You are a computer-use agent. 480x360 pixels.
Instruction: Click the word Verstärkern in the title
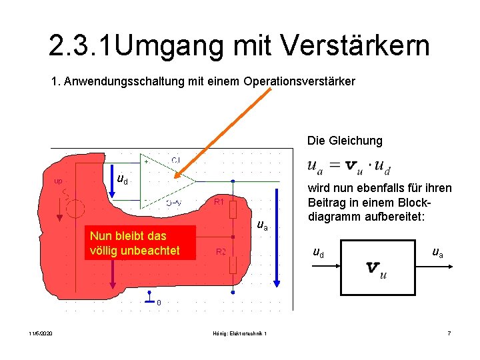[x=355, y=46]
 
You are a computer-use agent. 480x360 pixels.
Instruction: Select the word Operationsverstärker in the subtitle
[x=299, y=81]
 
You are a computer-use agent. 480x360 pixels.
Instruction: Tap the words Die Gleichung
[x=345, y=141]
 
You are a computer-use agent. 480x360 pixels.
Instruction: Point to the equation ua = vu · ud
[x=349, y=166]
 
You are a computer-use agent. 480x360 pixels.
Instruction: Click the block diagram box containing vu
[x=377, y=267]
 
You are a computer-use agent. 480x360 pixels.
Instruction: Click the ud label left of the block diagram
[x=319, y=253]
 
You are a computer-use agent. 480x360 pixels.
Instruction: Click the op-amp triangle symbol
[x=167, y=180]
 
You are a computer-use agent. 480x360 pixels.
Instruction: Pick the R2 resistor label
[x=221, y=251]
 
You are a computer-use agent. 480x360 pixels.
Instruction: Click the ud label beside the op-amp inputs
[x=123, y=179]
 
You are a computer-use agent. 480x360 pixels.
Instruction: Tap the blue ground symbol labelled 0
[x=148, y=298]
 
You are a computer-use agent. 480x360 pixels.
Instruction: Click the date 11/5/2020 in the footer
[x=41, y=333]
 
